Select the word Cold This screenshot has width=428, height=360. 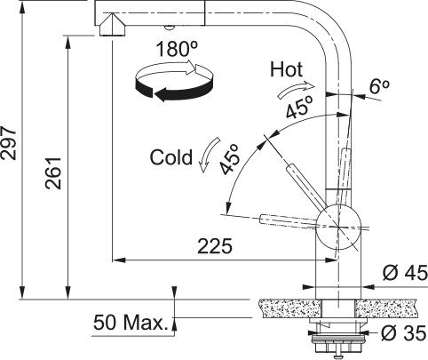pos(171,157)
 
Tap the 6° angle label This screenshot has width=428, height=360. pos(379,86)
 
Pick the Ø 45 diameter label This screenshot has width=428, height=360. pos(401,274)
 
